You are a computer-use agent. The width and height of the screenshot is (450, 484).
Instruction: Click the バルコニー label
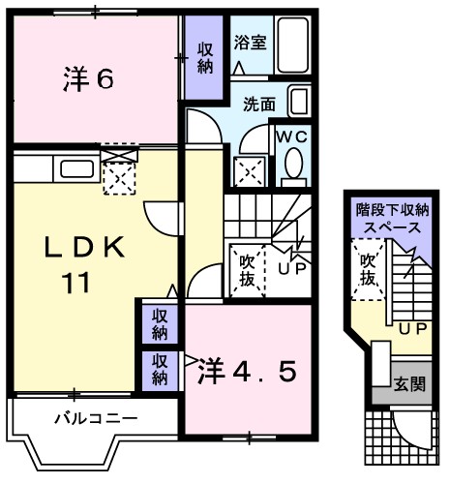point(95,420)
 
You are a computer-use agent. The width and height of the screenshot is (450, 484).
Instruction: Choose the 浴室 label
point(251,44)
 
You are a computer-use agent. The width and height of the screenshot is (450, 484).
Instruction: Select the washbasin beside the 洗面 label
point(299,101)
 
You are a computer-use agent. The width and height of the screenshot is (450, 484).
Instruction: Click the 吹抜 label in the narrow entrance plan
point(368,270)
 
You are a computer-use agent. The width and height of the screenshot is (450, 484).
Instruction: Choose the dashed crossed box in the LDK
point(119,178)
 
